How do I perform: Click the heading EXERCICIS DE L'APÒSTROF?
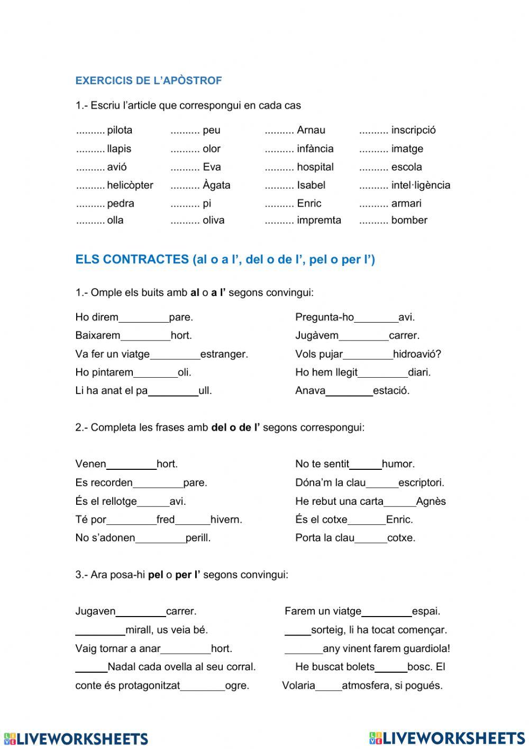pos(149,81)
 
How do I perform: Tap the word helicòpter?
pos(130,185)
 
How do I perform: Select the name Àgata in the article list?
pos(216,185)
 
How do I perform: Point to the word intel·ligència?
pos(421,185)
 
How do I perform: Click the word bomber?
pos(409,220)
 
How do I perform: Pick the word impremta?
pos(319,220)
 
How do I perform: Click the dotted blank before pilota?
pos(90,130)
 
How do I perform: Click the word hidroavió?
pos(417,354)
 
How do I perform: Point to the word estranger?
pos(224,354)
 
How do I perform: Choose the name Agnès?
pos(431,501)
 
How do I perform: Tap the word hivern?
pos(226,520)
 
